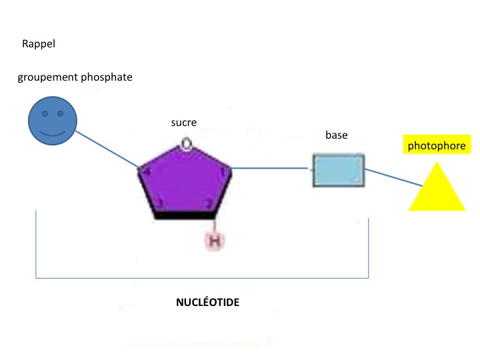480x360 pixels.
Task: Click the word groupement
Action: point(49,77)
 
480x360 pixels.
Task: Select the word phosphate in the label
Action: point(107,77)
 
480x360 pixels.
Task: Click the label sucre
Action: point(183,123)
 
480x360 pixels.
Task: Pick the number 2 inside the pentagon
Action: point(208,204)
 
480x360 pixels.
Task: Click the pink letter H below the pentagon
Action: point(214,241)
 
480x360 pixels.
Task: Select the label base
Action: point(336,135)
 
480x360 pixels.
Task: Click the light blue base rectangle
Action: point(339,171)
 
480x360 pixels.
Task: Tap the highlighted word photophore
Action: point(436,145)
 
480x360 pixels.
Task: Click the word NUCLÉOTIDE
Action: point(207,302)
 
